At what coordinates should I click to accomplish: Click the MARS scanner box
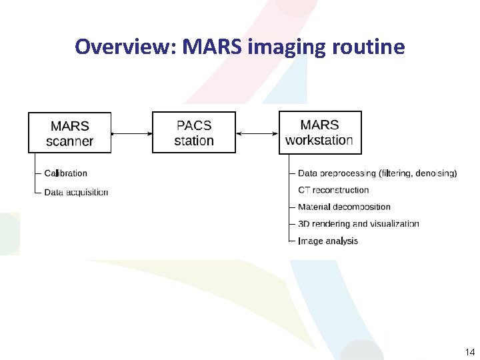point(69,133)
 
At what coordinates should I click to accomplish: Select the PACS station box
point(194,133)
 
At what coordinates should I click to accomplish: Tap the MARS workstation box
point(319,132)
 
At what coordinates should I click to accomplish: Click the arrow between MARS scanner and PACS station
point(131,134)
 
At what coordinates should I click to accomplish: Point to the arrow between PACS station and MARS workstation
point(257,134)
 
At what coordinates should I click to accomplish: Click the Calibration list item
point(65,173)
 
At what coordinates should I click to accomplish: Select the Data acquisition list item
point(76,192)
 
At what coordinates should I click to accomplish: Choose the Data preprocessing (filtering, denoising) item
point(377,173)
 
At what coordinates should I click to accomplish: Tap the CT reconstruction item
point(333,190)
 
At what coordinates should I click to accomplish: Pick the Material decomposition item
point(344,207)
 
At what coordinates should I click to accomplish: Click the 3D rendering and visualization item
point(359,224)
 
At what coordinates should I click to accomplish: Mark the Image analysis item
point(328,241)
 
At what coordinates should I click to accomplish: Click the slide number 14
point(469,352)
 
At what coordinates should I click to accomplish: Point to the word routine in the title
point(371,47)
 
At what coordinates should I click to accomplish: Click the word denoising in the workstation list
point(435,173)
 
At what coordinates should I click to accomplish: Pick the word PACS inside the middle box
point(194,125)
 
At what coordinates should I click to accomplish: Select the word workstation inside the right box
point(319,140)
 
